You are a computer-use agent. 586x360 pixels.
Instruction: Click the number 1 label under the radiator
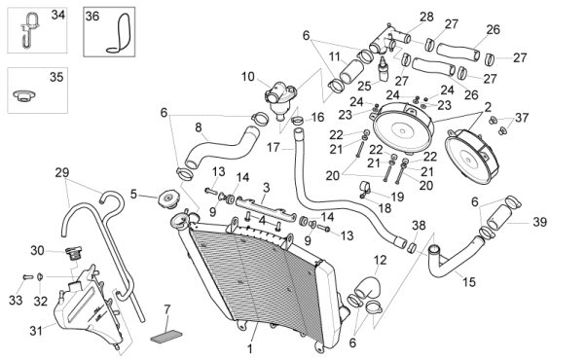(250, 349)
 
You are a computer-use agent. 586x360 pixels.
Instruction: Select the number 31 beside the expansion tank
(36, 331)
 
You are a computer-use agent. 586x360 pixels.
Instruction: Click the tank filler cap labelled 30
(74, 253)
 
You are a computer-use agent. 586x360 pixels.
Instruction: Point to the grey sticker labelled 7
(166, 336)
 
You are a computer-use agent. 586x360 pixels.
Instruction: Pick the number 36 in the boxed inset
(92, 17)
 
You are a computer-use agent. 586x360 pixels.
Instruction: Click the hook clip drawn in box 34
(28, 30)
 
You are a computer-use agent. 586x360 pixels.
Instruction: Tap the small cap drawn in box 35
(24, 95)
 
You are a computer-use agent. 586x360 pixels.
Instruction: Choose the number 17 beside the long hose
(274, 147)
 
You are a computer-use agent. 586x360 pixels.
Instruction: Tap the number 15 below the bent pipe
(469, 281)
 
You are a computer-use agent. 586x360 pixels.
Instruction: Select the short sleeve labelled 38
(412, 247)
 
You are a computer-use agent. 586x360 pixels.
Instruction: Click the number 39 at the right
(539, 222)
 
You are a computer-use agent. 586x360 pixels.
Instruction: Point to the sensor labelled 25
(382, 69)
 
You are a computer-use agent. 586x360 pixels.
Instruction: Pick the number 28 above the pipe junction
(426, 17)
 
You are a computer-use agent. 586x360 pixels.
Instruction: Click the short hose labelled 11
(351, 72)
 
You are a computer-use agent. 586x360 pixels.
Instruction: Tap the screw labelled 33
(28, 277)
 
